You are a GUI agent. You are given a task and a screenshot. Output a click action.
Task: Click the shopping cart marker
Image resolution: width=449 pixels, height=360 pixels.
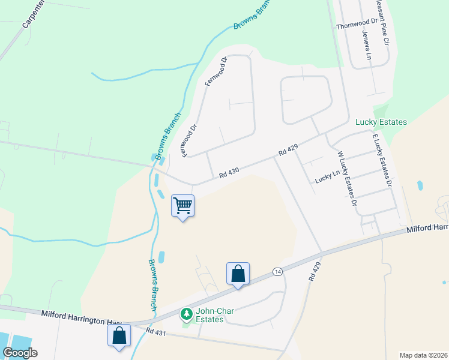point(182,206)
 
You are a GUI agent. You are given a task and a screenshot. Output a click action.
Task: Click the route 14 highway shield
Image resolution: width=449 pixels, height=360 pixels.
point(277,271)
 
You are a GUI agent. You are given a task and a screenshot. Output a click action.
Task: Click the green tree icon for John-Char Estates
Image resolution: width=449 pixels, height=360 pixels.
point(187,314)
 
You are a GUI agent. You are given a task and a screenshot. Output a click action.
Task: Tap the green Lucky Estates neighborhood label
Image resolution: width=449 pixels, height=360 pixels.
point(381,122)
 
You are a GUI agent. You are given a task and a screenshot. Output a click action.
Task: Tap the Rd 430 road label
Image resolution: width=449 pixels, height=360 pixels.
point(229,172)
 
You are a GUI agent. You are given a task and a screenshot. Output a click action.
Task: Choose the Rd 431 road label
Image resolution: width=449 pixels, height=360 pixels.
point(155,331)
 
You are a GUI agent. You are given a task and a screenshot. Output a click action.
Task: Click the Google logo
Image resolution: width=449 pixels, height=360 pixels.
point(20,353)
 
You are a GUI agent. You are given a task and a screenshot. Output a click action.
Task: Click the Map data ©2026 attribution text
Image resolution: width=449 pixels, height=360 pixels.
point(423,355)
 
